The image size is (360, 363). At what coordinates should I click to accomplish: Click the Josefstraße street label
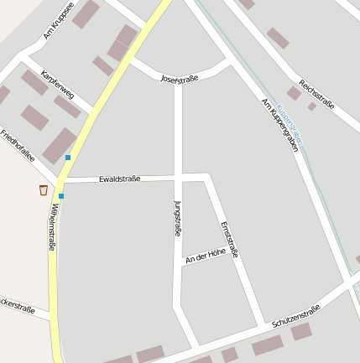[179, 79]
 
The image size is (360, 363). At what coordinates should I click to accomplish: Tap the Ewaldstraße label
[119, 179]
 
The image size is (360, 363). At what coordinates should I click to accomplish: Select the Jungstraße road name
[177, 218]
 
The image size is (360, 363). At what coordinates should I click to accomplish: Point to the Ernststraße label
[230, 239]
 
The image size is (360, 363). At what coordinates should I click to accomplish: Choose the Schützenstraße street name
[296, 316]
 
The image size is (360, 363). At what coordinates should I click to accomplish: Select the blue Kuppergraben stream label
[291, 122]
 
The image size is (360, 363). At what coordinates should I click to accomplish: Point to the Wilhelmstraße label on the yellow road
[54, 227]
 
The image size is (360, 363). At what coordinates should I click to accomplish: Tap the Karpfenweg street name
[57, 85]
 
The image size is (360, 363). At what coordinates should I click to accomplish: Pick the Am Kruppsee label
[59, 21]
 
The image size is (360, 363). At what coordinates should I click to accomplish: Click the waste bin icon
[44, 190]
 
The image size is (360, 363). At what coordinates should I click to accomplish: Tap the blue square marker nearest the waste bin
[60, 196]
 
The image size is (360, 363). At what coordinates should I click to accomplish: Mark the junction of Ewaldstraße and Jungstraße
[178, 177]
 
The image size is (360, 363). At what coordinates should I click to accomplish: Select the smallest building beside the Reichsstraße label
[311, 106]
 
